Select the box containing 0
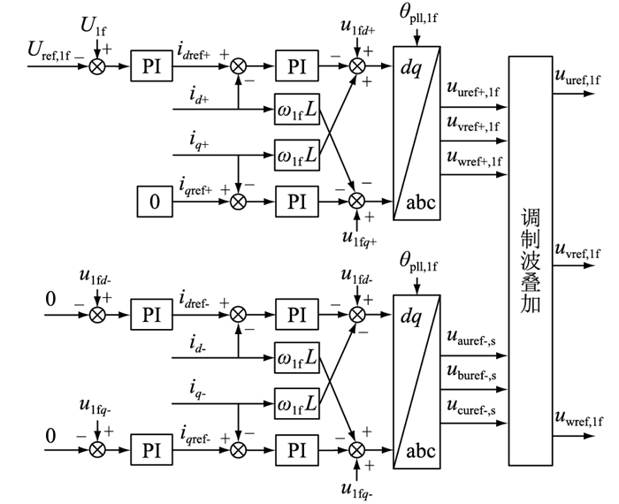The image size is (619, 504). tap(156, 202)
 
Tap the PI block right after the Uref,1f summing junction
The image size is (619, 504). tap(150, 65)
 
